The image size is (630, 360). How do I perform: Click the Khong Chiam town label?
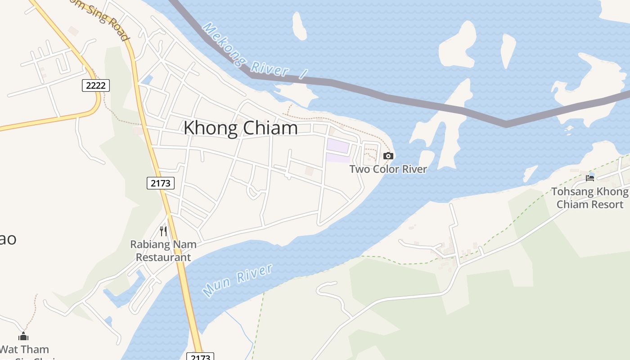[240, 128]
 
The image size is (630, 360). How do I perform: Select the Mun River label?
[238, 280]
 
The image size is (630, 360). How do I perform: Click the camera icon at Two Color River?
[388, 156]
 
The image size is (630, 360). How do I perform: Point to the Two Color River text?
[388, 169]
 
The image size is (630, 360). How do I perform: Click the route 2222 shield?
[96, 85]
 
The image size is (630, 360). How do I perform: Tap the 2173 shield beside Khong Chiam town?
[161, 183]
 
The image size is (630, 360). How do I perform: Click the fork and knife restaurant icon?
[163, 231]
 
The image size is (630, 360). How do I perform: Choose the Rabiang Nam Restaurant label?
[163, 251]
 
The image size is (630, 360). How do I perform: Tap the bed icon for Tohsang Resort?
[590, 178]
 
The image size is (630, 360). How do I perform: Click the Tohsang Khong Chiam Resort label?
[589, 198]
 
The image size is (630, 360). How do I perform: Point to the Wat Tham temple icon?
[23, 336]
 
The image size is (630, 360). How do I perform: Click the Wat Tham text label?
[25, 349]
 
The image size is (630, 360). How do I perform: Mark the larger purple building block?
[337, 146]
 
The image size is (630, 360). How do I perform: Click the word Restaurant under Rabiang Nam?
[163, 257]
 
